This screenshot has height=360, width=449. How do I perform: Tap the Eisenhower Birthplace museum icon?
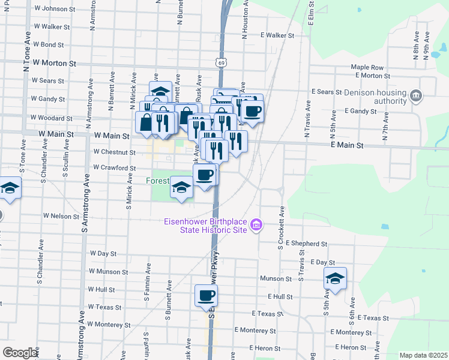[256, 226]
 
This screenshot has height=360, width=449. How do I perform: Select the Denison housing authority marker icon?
[415, 95]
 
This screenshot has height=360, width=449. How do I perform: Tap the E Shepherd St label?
[306, 244]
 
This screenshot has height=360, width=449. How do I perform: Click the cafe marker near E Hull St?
[206, 296]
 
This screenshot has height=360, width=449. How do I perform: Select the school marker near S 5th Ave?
[336, 278]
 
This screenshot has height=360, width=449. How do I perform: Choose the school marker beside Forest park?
[182, 188]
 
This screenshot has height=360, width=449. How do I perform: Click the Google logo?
[20, 353]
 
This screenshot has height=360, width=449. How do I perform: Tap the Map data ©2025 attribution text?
[423, 355]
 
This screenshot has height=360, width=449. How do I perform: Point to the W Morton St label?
[55, 62]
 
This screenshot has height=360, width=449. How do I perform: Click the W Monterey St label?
[107, 324]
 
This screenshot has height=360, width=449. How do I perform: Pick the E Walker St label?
[277, 35]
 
